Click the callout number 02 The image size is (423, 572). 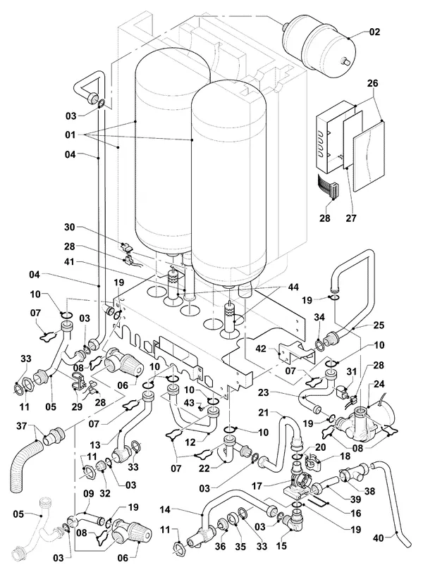click(374, 32)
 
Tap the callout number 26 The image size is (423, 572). click(373, 84)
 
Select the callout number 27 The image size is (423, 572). click(351, 218)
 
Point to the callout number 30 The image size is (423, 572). click(69, 228)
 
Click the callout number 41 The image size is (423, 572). click(69, 262)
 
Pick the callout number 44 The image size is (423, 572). click(293, 287)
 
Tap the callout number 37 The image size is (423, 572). click(22, 425)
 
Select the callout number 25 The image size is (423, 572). click(379, 325)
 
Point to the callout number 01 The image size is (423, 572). click(70, 135)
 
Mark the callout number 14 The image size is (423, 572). click(166, 509)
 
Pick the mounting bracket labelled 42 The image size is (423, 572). click(296, 353)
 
